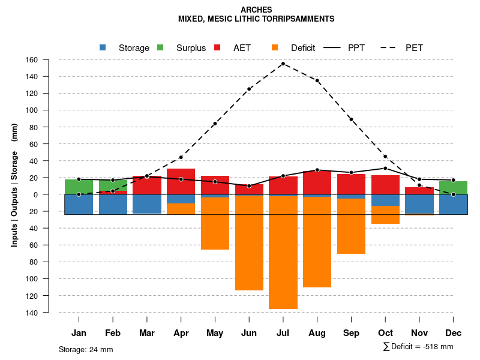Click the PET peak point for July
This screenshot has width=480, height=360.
tap(283, 64)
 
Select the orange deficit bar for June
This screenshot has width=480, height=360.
tap(249, 243)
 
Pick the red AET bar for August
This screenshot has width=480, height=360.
tap(317, 183)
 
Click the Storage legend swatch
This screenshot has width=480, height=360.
tap(103, 47)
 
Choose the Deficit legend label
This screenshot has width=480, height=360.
tap(303, 48)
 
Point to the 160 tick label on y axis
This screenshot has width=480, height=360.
tap(48, 60)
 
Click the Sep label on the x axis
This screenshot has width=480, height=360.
tap(351, 333)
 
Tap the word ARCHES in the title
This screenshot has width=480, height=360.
tap(256, 10)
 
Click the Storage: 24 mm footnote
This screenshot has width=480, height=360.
tap(86, 349)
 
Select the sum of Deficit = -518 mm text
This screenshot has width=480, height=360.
tap(418, 347)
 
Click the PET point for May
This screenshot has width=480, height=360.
tap(215, 124)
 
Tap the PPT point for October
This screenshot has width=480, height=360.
tap(385, 168)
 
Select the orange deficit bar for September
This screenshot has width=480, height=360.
tap(351, 226)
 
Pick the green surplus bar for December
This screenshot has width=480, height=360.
tap(453, 188)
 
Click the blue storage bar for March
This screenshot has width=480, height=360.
tap(147, 204)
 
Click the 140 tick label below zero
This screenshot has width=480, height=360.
tap(48, 313)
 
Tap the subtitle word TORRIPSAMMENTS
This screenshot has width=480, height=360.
tap(299, 19)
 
